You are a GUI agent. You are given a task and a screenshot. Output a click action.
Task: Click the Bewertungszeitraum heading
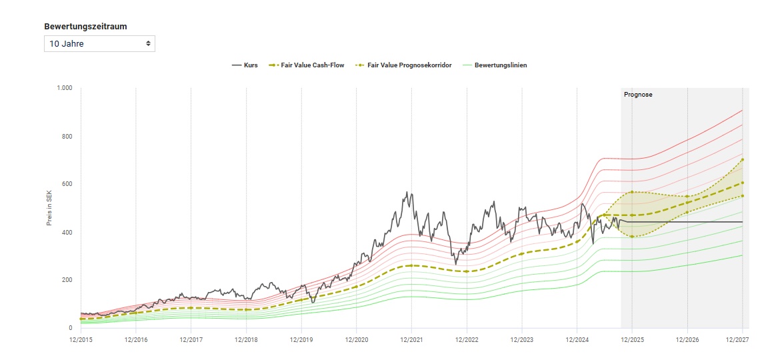(x=85, y=27)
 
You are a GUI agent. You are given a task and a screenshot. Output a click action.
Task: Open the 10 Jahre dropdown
(x=99, y=44)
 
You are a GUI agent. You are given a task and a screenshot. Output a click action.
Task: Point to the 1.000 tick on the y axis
(x=65, y=88)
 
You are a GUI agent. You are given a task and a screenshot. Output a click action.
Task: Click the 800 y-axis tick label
(x=67, y=136)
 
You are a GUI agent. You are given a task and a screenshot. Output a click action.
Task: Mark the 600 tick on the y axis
(x=67, y=184)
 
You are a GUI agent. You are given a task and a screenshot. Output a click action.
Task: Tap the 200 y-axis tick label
(x=67, y=280)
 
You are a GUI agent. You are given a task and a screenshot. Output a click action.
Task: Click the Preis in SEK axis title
(x=49, y=208)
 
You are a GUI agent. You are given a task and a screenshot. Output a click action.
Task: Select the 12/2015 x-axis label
(x=81, y=340)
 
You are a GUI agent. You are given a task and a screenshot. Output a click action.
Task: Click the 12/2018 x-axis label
(x=246, y=340)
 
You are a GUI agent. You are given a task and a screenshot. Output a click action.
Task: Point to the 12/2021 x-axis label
(x=411, y=340)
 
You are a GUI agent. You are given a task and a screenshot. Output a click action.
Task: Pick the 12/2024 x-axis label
(x=577, y=340)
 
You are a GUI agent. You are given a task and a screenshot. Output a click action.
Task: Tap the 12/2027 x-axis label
(x=742, y=340)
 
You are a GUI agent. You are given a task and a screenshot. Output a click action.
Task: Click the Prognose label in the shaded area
(x=638, y=95)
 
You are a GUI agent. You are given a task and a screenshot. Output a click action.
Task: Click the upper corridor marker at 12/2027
(x=743, y=159)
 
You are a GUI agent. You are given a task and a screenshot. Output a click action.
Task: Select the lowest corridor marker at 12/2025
(x=632, y=237)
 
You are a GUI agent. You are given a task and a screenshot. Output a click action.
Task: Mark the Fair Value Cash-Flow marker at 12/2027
(x=743, y=183)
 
